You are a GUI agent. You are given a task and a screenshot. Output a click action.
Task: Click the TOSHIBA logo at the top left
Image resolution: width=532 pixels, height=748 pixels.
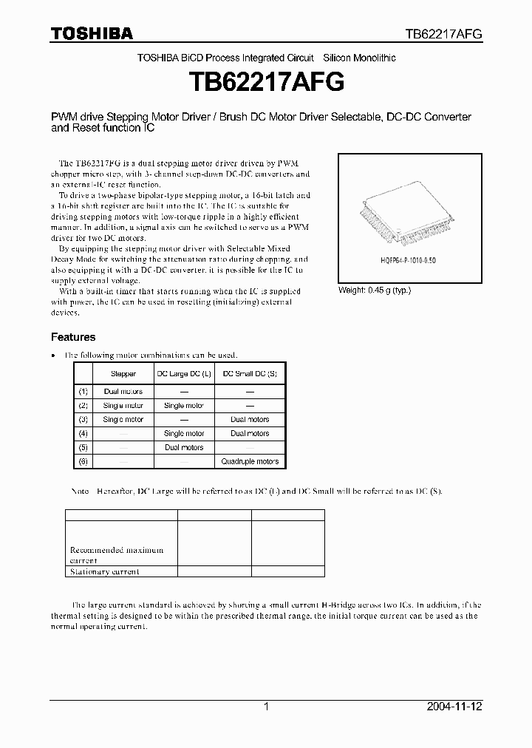92,33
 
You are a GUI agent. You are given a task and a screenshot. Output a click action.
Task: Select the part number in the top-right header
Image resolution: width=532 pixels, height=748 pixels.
443,34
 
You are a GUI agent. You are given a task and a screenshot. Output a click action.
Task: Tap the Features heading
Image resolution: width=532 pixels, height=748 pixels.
73,337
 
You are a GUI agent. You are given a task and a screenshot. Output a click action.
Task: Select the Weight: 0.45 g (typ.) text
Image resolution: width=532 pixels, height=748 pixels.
374,290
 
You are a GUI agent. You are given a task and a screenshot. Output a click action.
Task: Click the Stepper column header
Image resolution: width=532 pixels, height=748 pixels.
123,374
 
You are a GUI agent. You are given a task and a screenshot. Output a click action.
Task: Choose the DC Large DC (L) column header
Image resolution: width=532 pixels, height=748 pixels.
184,374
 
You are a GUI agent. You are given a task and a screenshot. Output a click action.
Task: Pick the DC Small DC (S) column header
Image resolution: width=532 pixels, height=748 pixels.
250,374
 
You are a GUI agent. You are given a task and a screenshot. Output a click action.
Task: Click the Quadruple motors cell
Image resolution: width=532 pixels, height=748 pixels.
250,461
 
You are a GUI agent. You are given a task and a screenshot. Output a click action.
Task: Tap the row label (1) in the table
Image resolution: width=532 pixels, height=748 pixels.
83,391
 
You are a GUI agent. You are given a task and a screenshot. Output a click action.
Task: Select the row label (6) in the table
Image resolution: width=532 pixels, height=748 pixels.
83,461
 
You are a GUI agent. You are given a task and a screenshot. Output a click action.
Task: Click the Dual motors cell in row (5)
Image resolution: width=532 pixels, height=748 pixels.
184,447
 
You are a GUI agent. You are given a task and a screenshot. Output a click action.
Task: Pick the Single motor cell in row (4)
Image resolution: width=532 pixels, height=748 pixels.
184,433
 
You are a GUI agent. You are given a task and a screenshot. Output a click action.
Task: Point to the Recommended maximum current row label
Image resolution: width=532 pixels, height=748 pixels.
117,555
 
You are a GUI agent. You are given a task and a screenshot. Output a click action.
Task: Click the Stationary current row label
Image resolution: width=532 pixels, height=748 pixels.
104,571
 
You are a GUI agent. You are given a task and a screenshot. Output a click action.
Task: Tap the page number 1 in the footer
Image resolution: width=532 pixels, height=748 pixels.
266,707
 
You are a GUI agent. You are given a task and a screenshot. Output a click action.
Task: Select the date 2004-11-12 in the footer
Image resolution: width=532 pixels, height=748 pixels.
454,707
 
